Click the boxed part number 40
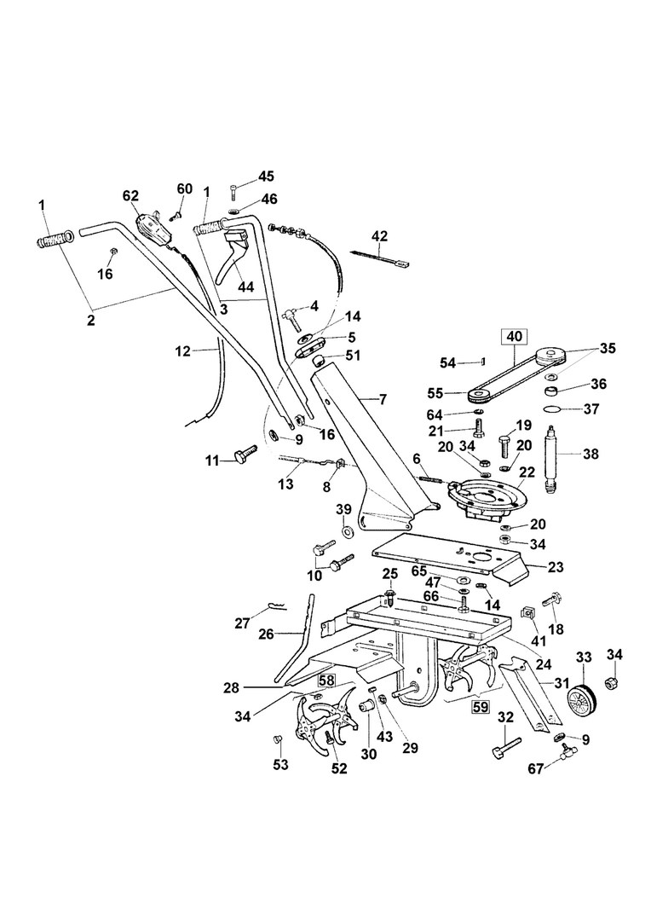[x=514, y=337]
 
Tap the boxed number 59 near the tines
[x=481, y=707]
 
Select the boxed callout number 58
[x=326, y=681]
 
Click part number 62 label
[x=130, y=195]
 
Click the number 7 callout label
[x=383, y=400]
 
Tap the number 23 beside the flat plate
[x=556, y=567]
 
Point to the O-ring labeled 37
[x=554, y=409]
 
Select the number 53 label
[x=281, y=766]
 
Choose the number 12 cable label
[x=183, y=351]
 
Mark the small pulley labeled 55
[x=482, y=393]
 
